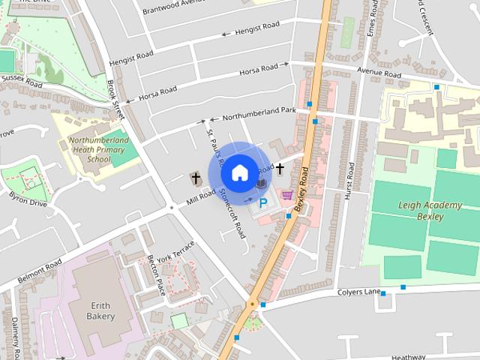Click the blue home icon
(239, 172)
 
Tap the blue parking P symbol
(263, 202)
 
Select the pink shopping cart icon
(286, 195)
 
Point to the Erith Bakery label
(102, 311)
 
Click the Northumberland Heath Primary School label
(98, 149)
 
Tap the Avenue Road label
(380, 72)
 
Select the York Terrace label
(175, 252)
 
